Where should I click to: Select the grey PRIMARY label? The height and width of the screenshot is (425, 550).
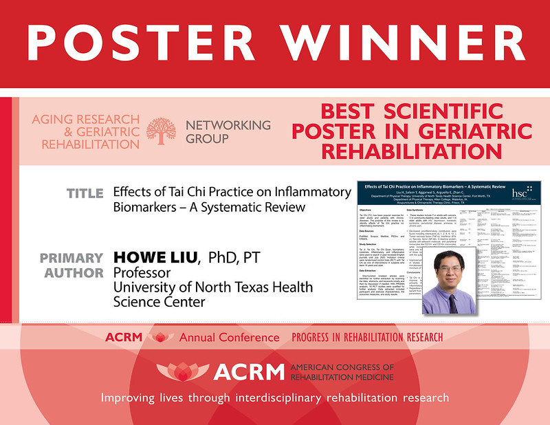point(73,258)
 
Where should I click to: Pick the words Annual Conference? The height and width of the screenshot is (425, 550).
point(230,338)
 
